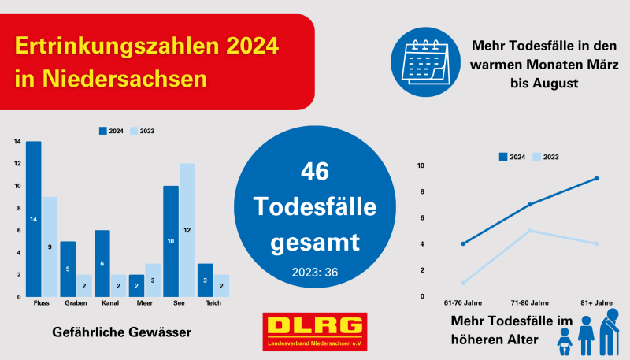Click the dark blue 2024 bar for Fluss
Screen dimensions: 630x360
(x=33, y=219)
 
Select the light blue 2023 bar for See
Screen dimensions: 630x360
(x=187, y=230)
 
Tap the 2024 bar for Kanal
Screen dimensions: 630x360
(x=102, y=264)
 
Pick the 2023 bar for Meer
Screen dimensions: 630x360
(x=153, y=280)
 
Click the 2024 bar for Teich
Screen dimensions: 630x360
(x=205, y=280)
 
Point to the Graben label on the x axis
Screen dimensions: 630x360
(x=76, y=303)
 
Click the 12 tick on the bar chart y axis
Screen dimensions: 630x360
(x=17, y=164)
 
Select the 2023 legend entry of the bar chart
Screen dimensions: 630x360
(x=143, y=131)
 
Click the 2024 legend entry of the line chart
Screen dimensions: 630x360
(x=512, y=157)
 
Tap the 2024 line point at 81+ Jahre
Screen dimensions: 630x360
(x=597, y=178)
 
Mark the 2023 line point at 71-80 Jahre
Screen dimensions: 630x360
(x=529, y=231)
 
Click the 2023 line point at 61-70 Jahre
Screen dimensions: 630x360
(x=463, y=284)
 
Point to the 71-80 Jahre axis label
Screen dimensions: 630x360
(x=529, y=303)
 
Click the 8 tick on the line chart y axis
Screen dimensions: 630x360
(x=422, y=191)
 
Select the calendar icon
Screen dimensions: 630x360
(x=425, y=62)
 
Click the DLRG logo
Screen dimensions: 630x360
(x=315, y=332)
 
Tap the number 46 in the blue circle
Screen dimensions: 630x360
(x=315, y=171)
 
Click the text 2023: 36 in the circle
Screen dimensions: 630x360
(x=315, y=273)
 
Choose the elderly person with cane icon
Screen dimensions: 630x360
(x=610, y=332)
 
